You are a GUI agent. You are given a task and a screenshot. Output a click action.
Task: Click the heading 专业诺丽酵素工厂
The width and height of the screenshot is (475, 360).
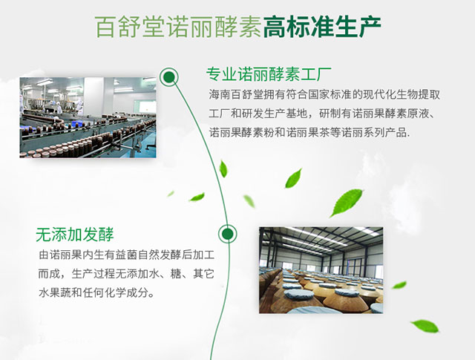pos(269,74)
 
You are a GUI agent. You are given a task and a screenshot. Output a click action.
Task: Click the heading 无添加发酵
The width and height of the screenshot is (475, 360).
pos(74,235)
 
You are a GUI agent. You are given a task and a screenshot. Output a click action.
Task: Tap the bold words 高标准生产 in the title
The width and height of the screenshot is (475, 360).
pos(322,27)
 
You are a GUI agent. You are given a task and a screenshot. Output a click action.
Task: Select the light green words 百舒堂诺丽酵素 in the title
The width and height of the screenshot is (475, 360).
pos(178,27)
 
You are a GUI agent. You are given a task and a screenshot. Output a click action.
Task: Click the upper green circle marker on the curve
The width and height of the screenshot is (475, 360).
pos(169,77)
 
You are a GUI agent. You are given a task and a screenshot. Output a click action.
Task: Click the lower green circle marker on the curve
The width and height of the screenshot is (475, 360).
pos(228,234)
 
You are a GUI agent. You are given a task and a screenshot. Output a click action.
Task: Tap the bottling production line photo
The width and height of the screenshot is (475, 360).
pos(88,117)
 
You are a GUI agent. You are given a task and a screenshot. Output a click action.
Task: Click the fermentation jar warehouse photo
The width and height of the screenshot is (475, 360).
pos(321,270)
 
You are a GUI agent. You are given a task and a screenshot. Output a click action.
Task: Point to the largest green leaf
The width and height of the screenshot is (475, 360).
pos(347,202)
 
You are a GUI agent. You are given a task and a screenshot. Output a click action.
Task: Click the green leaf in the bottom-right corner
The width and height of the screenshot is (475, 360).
pos(425,326)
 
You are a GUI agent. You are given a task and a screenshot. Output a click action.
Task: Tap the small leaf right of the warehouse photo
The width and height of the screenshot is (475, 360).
pos(399,285)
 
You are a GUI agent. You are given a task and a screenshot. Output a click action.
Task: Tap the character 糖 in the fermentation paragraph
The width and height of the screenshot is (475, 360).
pos(176,274)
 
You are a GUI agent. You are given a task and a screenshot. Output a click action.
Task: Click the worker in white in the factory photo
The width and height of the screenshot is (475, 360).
pos(79,105)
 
